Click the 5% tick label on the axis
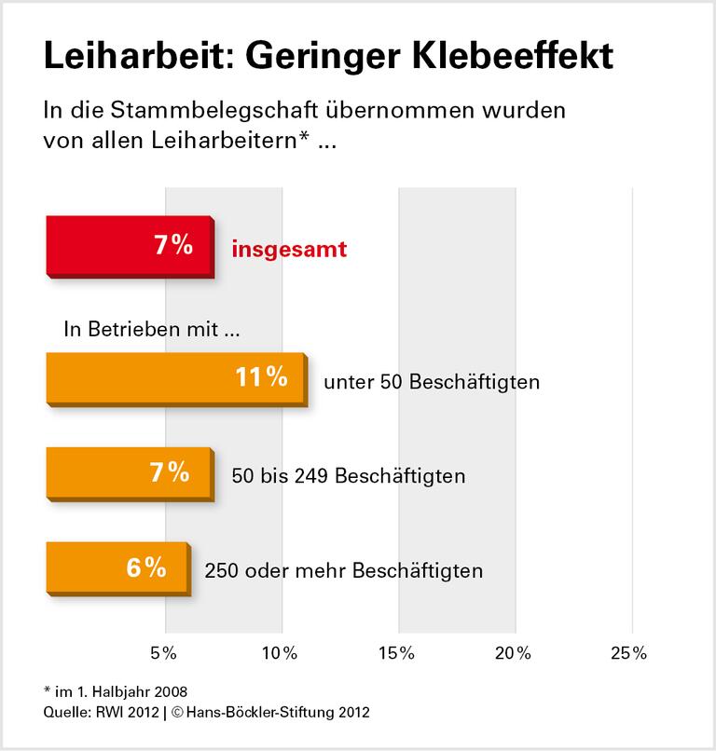tap(164, 653)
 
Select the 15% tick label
tap(397, 653)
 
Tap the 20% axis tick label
tap(515, 653)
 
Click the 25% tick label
tap(629, 653)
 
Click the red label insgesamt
tap(289, 250)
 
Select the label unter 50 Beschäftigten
tap(432, 382)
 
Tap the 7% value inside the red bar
tap(173, 246)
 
